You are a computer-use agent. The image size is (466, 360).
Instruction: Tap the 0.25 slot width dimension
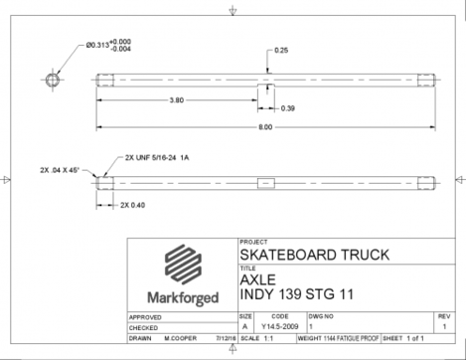(x=282, y=50)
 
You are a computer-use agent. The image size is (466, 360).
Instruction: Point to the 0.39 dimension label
(x=287, y=107)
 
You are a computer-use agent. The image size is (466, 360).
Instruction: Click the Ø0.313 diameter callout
(x=108, y=44)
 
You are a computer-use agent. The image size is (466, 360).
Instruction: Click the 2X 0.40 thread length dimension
(x=131, y=204)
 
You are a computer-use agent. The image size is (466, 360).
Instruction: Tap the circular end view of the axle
(x=53, y=80)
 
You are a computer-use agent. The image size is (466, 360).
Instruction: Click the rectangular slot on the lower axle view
(x=265, y=182)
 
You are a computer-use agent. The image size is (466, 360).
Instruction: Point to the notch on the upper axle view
(x=265, y=87)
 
